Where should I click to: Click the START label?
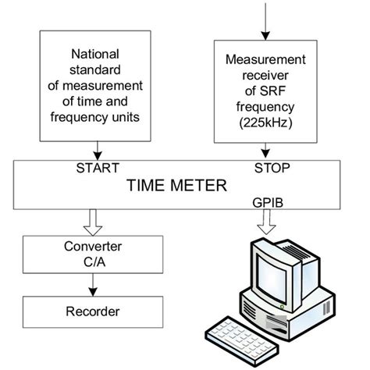pos(98,167)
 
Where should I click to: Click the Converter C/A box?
pos(93,255)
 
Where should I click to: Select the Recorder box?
pos(93,311)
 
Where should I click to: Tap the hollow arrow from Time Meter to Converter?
pos(93,222)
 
